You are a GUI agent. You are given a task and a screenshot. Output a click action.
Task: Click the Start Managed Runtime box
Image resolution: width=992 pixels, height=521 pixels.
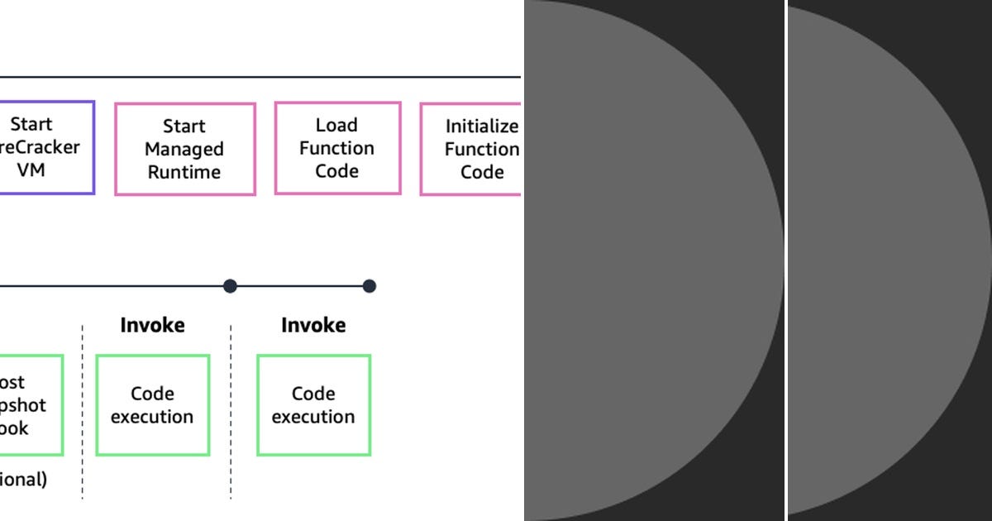pos(184,149)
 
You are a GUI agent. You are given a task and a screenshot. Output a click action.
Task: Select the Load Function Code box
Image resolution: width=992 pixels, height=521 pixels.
pos(337,148)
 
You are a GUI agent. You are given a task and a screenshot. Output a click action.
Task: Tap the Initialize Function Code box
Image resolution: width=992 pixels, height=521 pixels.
pos(471,149)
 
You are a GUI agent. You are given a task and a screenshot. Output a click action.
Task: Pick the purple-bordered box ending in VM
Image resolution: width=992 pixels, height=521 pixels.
pos(45,147)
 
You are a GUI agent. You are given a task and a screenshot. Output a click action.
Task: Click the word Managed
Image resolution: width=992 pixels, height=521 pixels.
pos(184,149)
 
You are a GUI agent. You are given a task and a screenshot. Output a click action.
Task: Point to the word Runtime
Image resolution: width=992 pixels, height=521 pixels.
pos(184,172)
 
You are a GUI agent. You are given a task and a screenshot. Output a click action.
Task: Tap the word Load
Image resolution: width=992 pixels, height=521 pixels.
pos(336,125)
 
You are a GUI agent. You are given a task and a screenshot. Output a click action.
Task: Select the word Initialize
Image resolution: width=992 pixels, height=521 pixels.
pos(481,127)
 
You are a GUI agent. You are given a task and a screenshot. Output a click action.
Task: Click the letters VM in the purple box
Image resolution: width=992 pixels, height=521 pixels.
pos(31,170)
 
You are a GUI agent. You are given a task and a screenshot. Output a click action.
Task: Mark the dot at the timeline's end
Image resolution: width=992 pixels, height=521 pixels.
pos(370,286)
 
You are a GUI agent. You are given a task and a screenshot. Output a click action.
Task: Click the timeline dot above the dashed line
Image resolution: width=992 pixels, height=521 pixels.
pos(231,286)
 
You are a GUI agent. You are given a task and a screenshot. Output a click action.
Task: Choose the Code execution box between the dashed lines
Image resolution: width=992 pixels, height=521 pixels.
pos(153,405)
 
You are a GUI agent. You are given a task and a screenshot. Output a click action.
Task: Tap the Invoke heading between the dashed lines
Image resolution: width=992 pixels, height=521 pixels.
pos(153,325)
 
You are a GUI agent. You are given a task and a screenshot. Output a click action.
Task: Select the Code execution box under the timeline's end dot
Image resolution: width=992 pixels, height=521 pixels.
pos(313,405)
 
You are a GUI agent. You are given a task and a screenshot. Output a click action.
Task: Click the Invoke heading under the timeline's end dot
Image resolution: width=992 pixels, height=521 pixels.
pos(313,325)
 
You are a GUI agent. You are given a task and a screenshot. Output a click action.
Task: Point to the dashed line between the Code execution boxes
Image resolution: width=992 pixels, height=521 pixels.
pos(231,413)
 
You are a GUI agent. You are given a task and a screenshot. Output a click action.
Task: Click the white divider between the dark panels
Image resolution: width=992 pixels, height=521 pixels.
pos(786,260)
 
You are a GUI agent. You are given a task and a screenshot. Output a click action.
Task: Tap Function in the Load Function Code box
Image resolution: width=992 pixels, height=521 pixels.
pos(336,148)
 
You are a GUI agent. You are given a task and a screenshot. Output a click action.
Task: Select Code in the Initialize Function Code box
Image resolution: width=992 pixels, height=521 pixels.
pos(482,172)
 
